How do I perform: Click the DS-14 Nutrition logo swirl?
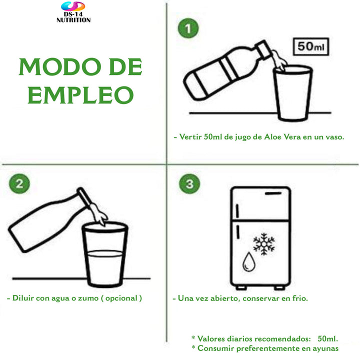tap(73, 6)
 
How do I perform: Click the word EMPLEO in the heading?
tap(80, 95)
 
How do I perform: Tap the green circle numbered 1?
tap(188, 28)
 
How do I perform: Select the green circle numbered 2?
tap(19, 183)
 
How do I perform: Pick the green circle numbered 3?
tap(189, 183)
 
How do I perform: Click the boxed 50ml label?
tap(311, 46)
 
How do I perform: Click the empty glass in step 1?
tap(293, 93)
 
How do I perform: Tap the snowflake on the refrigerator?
tap(264, 244)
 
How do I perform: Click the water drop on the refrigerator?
tap(249, 262)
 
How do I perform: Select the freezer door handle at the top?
tap(273, 193)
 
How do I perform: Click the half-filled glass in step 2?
tap(105, 254)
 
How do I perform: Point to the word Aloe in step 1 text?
tap(272, 137)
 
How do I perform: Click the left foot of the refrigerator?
tap(241, 287)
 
